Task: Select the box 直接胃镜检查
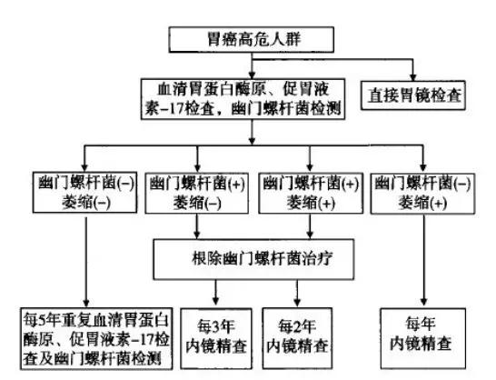point(415,95)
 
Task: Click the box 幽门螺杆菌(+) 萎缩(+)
point(306,190)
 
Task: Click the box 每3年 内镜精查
point(214,330)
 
